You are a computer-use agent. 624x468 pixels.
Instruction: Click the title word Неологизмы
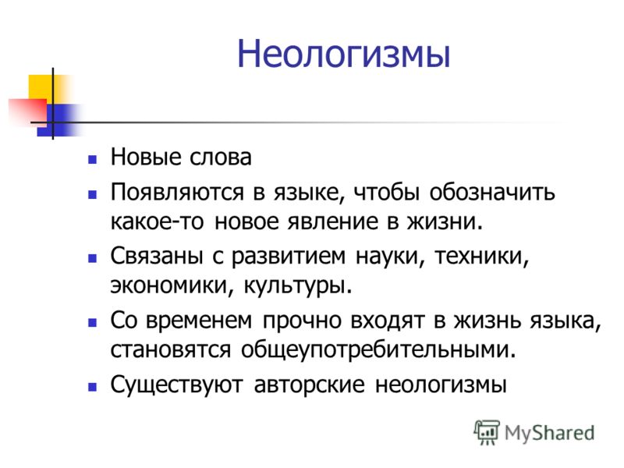point(344,54)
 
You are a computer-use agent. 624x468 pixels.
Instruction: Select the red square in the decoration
point(27,111)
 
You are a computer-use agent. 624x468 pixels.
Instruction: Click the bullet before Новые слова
point(93,160)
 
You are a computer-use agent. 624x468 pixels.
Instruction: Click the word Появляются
point(177,192)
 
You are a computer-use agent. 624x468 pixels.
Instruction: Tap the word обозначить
point(492,192)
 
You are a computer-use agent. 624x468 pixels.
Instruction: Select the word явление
point(333,222)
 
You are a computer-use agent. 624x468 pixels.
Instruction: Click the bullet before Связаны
point(93,259)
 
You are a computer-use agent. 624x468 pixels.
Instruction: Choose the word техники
point(481,257)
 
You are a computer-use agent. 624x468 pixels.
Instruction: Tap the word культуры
point(298,286)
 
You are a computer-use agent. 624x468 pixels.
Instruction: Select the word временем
point(199,321)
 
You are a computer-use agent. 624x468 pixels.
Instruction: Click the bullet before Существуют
point(93,387)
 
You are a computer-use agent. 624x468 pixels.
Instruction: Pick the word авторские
point(309,385)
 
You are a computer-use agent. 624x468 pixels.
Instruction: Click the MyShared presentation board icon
point(487,432)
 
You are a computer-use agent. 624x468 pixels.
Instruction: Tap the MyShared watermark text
point(549,433)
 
